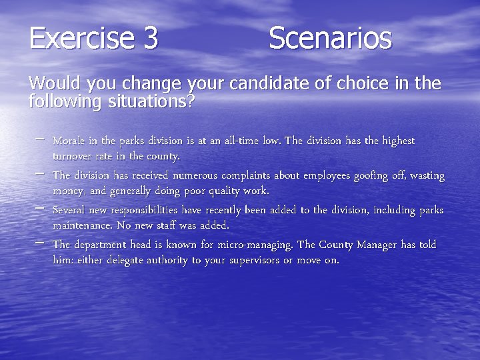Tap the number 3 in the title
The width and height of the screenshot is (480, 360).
pos(150,38)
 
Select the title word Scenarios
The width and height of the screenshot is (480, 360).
pos(330,38)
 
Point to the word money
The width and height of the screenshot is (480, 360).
pos(68,192)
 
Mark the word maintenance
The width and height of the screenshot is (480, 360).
pos(83,226)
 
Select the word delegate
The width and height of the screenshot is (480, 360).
pos(113,261)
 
